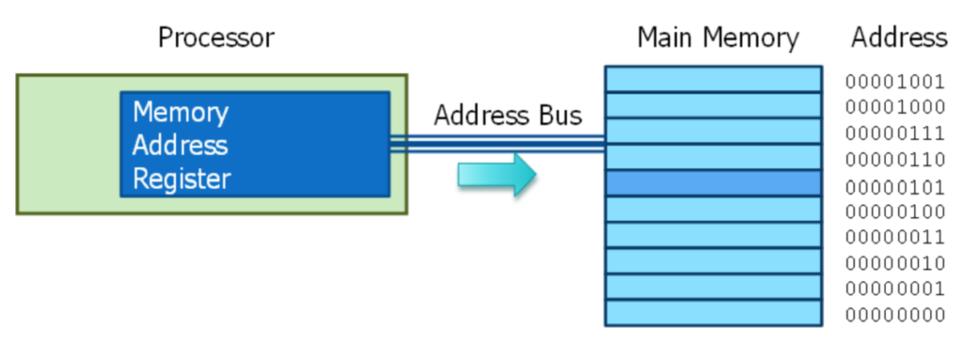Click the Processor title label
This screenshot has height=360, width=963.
click(216, 38)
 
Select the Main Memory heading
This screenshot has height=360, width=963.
click(718, 38)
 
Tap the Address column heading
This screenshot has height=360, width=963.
click(899, 38)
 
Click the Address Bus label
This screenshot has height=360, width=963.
click(508, 116)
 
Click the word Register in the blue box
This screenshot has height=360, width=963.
click(182, 179)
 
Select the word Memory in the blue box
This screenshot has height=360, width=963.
click(181, 113)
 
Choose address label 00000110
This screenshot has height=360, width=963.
click(894, 159)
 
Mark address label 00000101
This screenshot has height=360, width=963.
click(894, 185)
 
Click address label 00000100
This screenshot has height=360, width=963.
click(894, 211)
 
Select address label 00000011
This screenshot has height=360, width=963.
click(894, 237)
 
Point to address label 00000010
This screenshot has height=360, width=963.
click(894, 262)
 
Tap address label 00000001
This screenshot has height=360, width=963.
click(894, 289)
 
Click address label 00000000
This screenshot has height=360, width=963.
click(894, 314)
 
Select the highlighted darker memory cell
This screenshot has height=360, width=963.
click(713, 182)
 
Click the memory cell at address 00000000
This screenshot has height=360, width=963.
click(713, 312)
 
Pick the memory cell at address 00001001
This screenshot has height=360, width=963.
click(713, 79)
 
